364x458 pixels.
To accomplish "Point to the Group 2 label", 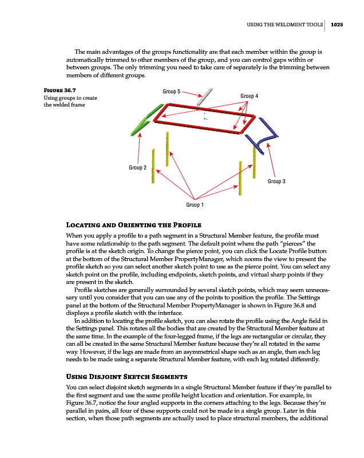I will tap(137, 167).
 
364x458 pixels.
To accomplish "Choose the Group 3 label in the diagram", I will tap(276, 181).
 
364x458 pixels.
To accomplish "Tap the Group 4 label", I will tap(250, 96).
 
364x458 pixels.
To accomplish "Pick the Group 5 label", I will tap(172, 92).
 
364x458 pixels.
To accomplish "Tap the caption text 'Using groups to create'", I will tap(70, 98).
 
